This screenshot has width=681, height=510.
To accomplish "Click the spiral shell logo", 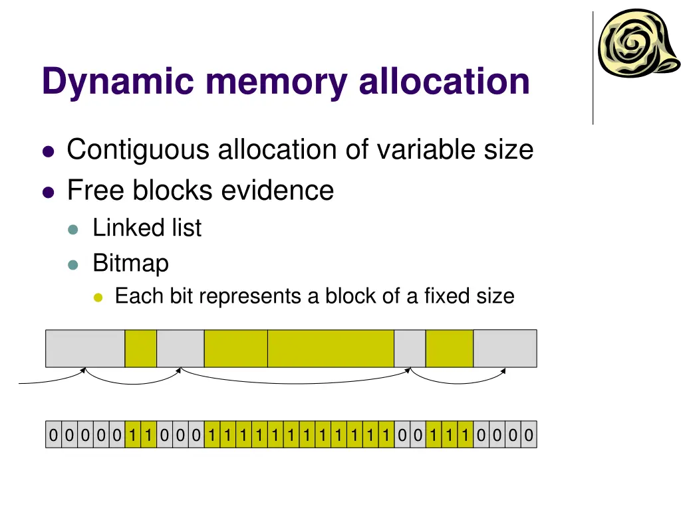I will click(x=637, y=43).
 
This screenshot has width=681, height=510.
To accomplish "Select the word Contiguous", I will click(x=138, y=150).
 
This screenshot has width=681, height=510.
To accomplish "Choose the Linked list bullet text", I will click(x=146, y=228).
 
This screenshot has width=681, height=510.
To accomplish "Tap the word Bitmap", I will click(x=130, y=264).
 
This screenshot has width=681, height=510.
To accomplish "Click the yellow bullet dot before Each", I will click(x=98, y=297).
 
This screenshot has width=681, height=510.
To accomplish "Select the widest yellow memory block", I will click(x=331, y=349).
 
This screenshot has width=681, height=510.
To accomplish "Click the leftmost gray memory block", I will click(x=85, y=349).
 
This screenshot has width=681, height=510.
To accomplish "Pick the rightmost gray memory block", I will click(x=505, y=349).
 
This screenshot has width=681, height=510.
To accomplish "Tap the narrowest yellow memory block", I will click(x=141, y=349).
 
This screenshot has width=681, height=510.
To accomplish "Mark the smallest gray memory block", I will click(x=410, y=349).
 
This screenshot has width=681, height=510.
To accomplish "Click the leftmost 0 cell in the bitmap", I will click(x=53, y=436).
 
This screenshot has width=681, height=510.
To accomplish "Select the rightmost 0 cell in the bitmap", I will click(x=529, y=436).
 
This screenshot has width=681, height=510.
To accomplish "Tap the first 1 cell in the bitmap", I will click(x=133, y=436).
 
